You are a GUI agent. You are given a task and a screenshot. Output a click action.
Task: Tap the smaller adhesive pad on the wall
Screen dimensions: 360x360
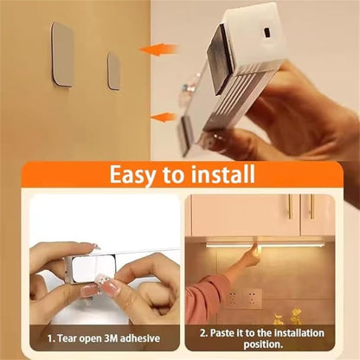113,70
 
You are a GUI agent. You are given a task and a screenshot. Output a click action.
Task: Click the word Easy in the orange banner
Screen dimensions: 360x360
135,175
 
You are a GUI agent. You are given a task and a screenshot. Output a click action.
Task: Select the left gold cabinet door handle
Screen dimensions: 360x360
290,208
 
